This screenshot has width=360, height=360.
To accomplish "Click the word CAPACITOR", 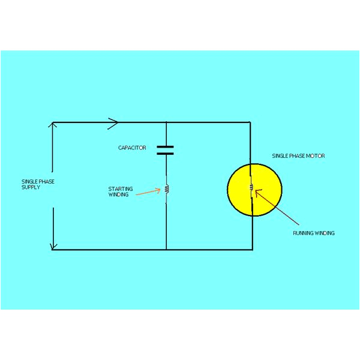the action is [x=131, y=147].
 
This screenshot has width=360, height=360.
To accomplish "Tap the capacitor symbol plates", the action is [x=166, y=149].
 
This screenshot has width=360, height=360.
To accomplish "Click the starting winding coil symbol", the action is [x=166, y=190].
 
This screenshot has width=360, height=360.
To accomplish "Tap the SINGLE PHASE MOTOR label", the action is [x=298, y=156].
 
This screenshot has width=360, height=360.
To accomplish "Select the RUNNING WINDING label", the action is [x=313, y=233].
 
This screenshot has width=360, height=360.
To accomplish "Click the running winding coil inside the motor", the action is [x=251, y=188].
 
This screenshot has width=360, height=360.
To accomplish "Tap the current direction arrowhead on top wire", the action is [x=113, y=122].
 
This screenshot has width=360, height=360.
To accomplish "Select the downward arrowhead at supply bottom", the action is [x=53, y=245].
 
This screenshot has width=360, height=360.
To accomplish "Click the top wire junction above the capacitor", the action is [x=166, y=122].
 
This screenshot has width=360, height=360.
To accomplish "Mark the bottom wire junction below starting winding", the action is [x=166, y=249].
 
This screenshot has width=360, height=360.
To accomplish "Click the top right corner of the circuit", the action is [x=250, y=122].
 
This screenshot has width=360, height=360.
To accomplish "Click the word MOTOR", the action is [x=316, y=156].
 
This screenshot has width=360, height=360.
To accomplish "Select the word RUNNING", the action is [x=304, y=233].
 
